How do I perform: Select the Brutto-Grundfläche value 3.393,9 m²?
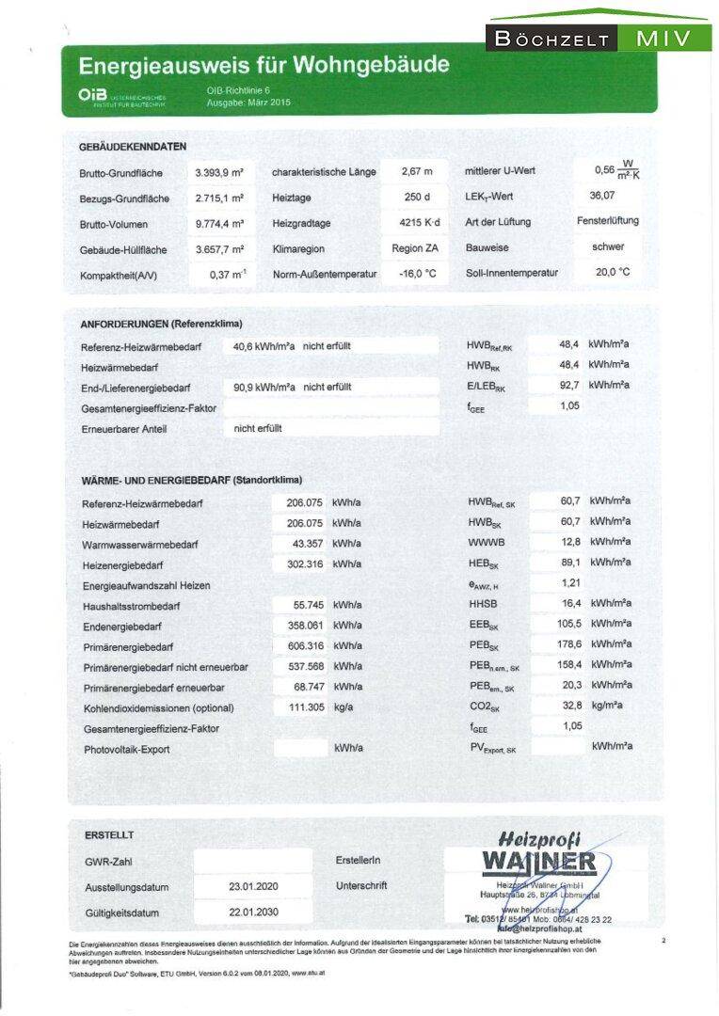[219, 173]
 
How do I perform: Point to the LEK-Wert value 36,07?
[601, 196]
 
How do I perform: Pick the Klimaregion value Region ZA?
[415, 249]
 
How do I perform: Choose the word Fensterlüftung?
[607, 221]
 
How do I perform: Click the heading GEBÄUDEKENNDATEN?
[133, 147]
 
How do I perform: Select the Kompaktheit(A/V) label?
[119, 275]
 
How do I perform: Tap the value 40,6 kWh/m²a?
[264, 346]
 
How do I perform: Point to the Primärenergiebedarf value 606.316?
[301, 646]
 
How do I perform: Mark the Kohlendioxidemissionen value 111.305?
[301, 707]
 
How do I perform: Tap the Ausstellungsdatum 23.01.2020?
[253, 886]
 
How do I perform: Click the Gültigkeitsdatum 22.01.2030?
[253, 913]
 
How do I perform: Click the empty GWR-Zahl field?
[252, 861]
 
